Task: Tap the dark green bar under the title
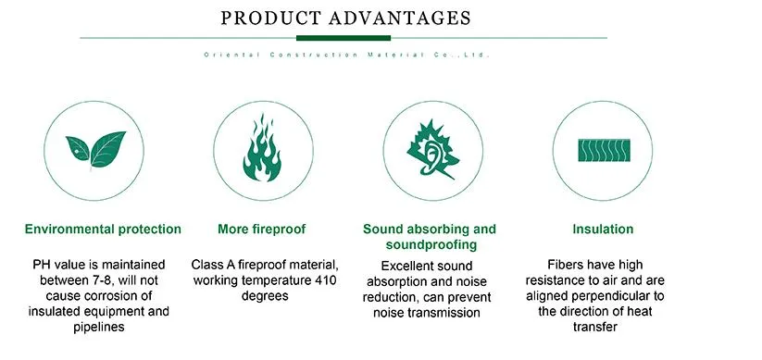pyautogui.click(x=344, y=38)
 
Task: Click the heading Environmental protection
pyautogui.click(x=103, y=229)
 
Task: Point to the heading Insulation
pyautogui.click(x=602, y=229)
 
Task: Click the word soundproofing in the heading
pyautogui.click(x=431, y=245)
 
